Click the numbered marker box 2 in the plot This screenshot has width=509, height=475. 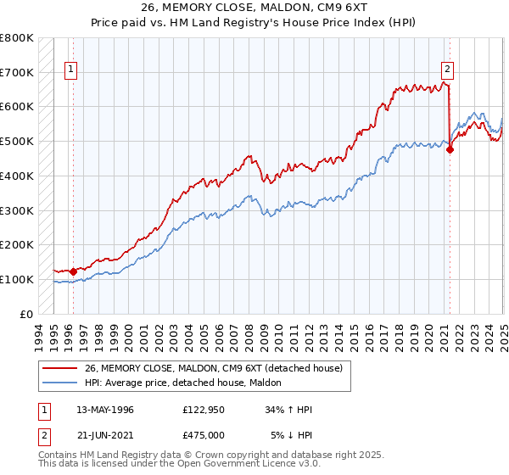[x=447, y=71]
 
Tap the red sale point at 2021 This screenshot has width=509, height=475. [x=450, y=150]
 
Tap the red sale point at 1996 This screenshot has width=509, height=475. [x=73, y=271]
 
